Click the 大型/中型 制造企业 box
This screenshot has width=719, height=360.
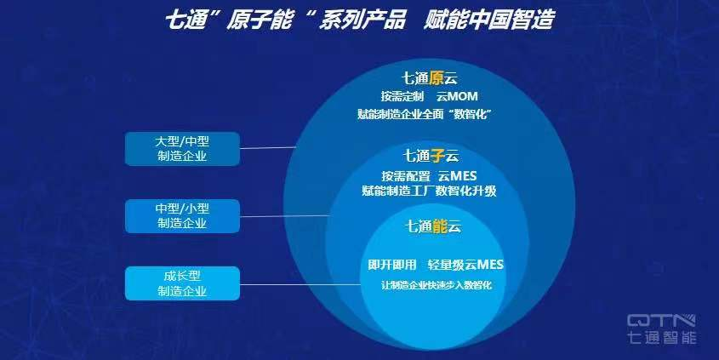pos(182,149)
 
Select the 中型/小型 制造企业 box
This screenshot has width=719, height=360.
pos(182,216)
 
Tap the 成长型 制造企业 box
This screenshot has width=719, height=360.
pos(182,283)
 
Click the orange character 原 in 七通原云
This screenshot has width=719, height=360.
pos(437,78)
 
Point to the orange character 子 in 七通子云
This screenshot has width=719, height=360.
pos(437,156)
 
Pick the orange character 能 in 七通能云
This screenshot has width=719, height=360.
pos(439,226)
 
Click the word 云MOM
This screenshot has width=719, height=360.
pos(457,96)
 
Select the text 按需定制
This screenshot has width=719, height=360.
pos(402,96)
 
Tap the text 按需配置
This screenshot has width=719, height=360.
pos(406,176)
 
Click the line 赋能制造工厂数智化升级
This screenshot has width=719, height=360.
pos(429,191)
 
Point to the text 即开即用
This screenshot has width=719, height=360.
pos(392,265)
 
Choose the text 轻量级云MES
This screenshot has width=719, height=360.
pos(465,265)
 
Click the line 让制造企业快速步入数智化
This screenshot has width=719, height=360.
pos(437,285)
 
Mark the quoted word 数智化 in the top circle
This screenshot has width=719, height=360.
pos(471,114)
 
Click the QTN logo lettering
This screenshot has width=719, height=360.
pos(661,321)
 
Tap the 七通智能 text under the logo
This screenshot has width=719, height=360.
pos(661,337)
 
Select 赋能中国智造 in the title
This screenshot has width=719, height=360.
pos(489,20)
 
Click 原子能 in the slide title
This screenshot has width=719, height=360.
pos(259,20)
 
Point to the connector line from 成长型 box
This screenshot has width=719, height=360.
pos(300,285)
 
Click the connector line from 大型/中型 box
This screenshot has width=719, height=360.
pos(268,148)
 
